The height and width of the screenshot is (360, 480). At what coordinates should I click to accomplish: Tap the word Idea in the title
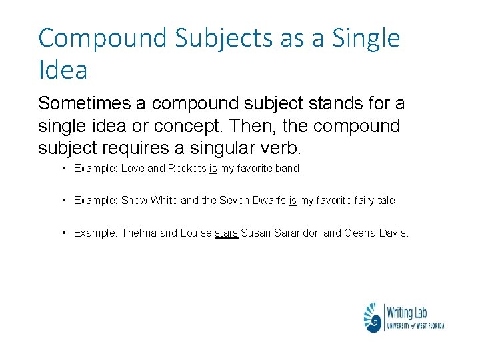point(63,69)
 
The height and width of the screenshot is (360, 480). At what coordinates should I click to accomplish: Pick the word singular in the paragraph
point(216,147)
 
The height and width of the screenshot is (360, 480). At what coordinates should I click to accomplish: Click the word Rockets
point(187,169)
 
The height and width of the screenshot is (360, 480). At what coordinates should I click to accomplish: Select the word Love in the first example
point(133,169)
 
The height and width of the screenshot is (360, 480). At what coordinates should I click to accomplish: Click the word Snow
point(135,201)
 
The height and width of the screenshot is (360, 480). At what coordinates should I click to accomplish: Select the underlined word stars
point(226,233)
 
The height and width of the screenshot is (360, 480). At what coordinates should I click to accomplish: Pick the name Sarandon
point(295,233)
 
